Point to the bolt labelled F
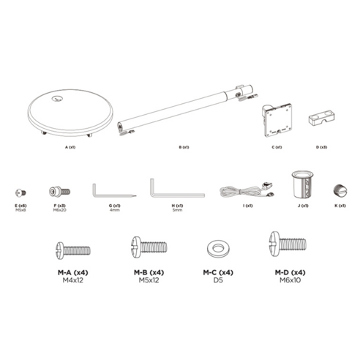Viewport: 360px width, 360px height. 56,191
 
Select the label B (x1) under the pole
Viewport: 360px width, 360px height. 184,147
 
